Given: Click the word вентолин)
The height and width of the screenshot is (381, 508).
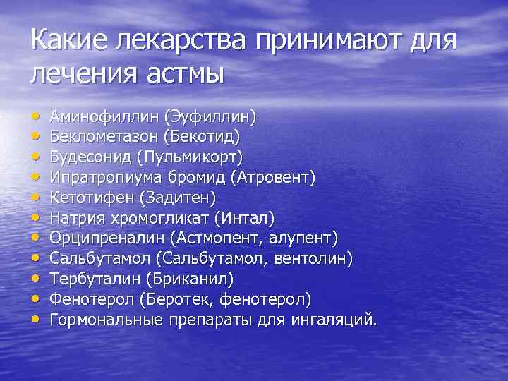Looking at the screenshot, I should [x=312, y=258].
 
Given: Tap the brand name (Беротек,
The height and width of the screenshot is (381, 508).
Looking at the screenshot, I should [x=176, y=300].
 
